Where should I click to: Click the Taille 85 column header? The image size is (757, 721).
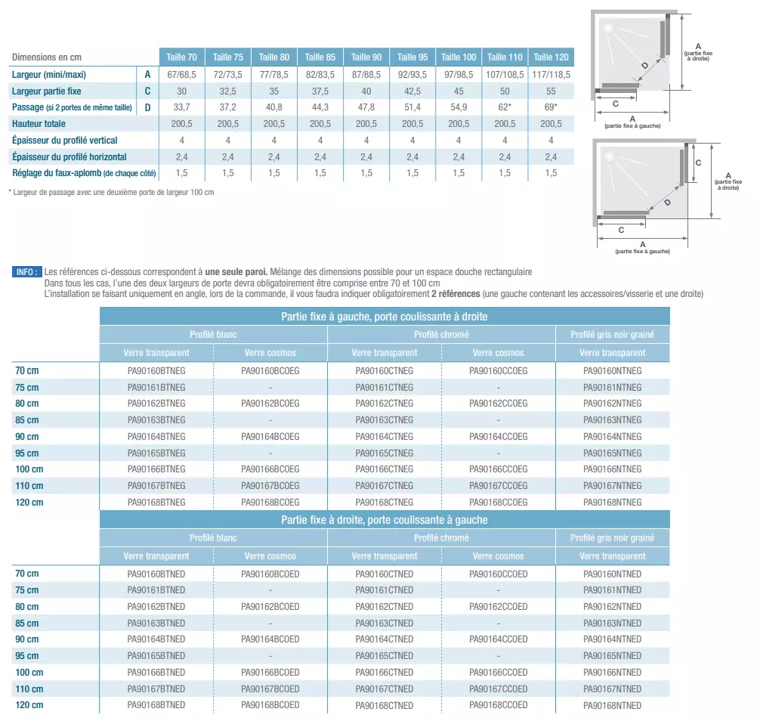pos(320,57)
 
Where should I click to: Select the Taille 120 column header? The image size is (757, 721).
pos(551,57)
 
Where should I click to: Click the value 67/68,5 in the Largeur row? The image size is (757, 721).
pos(182,75)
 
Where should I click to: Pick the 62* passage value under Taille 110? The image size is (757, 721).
pos(505,107)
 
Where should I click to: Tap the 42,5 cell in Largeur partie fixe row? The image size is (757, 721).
pos(412,91)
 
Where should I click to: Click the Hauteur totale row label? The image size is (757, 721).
pos(39,124)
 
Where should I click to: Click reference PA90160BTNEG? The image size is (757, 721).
pos(156,371)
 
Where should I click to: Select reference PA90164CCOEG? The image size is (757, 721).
pos(499,437)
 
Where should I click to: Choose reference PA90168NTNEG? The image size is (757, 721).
pos(613,503)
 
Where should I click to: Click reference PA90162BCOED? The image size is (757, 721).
pos(270,607)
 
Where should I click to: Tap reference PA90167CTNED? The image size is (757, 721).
pos(385,689)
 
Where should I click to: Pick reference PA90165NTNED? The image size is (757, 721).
pos(613,656)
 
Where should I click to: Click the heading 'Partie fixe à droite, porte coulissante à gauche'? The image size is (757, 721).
pos(385,520)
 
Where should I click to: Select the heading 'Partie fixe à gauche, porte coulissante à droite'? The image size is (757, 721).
pos(385,317)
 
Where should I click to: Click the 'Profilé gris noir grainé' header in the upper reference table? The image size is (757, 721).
pos(613,335)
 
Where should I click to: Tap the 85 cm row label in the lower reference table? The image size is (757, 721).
pos(27,624)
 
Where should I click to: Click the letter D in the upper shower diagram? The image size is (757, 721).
pos(644,66)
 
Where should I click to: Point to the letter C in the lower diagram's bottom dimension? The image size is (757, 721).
pos(621,230)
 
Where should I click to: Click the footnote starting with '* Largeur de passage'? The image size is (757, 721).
pos(111,192)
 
